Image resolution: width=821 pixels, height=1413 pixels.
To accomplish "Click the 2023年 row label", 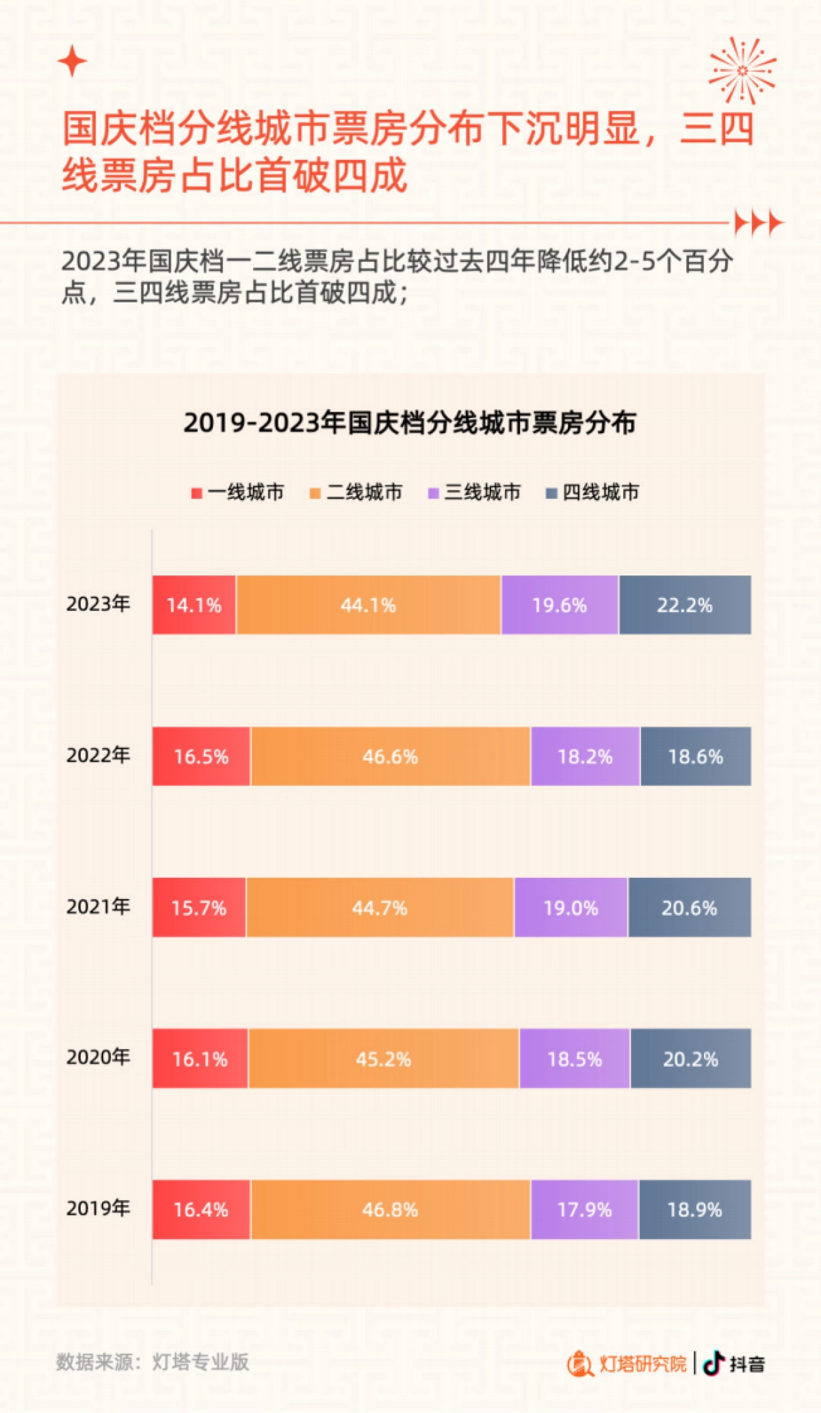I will tap(98, 604).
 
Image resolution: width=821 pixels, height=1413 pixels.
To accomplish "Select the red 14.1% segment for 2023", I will tap(194, 606).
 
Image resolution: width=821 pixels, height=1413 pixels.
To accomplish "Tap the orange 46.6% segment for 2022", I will tap(390, 757).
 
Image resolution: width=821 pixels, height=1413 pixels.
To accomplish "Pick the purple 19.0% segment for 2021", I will tap(571, 908).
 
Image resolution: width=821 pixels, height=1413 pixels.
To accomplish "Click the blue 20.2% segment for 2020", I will tap(690, 1059).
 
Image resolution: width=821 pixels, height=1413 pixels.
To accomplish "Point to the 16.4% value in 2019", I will tap(200, 1210).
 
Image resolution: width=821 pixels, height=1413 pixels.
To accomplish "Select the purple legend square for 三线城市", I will tap(433, 493).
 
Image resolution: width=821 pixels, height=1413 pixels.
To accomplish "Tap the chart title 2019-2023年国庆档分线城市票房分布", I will tap(410, 423).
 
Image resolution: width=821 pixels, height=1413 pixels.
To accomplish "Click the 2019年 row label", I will tap(98, 1208).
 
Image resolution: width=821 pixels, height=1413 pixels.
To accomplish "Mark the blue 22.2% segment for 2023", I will tap(685, 606).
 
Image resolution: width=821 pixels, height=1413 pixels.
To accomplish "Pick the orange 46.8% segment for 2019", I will tap(390, 1210).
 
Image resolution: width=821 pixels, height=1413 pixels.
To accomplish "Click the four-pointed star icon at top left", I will tap(72, 62).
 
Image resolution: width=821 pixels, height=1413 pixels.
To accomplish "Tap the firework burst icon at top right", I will tap(742, 70).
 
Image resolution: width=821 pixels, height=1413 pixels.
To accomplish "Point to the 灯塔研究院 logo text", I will tap(642, 1364).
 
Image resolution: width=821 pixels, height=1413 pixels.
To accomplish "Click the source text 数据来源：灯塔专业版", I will tap(153, 1362).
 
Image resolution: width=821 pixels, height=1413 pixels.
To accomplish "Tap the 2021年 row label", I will tap(98, 907).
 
